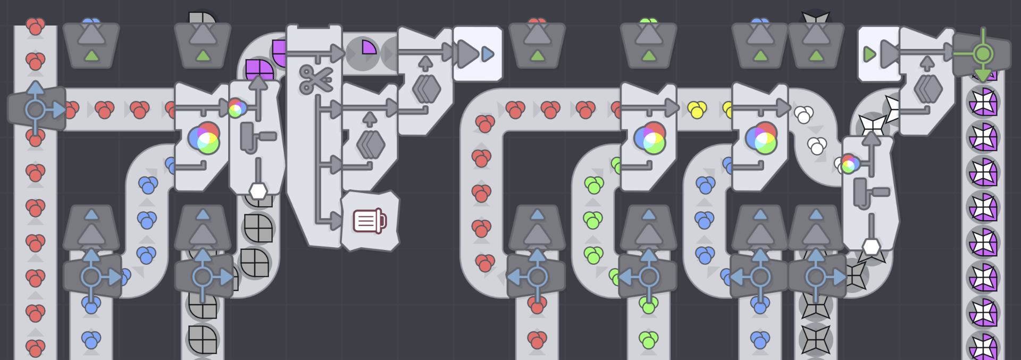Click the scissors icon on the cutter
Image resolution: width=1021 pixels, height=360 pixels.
tap(316, 79)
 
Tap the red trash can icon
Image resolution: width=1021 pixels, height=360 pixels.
tap(370, 221)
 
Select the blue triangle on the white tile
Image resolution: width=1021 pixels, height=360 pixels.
tap(488, 54)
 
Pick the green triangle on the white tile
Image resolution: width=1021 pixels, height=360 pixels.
tap(869, 54)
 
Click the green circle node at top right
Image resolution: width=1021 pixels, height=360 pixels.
tap(983, 54)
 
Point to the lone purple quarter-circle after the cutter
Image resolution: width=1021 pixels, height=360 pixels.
tap(369, 47)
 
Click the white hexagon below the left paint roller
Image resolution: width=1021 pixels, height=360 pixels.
tap(258, 190)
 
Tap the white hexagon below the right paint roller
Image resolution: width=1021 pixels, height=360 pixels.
tap(871, 247)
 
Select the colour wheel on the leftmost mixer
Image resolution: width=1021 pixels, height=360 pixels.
tap(204, 138)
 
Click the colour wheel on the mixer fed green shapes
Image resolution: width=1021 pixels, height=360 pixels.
tap(650, 138)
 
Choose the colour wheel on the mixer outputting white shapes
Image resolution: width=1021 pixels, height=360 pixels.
tap(761, 138)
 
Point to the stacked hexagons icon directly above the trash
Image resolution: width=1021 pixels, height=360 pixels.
tap(370, 144)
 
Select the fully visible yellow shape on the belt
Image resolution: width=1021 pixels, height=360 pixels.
tap(697, 110)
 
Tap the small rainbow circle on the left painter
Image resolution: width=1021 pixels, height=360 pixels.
tap(237, 108)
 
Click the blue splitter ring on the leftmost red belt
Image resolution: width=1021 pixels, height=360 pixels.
tap(36, 110)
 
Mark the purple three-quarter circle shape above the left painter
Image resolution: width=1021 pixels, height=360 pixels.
tap(259, 70)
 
